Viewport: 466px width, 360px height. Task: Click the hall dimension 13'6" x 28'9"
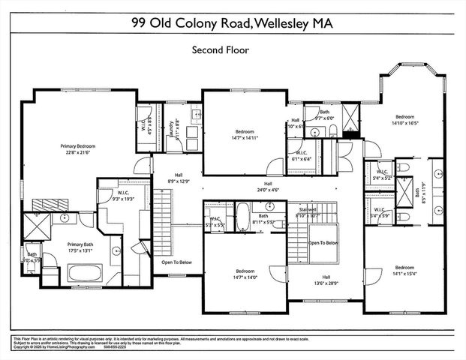[326, 283]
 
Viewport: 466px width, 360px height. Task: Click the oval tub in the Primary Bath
[116, 255]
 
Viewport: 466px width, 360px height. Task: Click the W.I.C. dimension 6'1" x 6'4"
[302, 158]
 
